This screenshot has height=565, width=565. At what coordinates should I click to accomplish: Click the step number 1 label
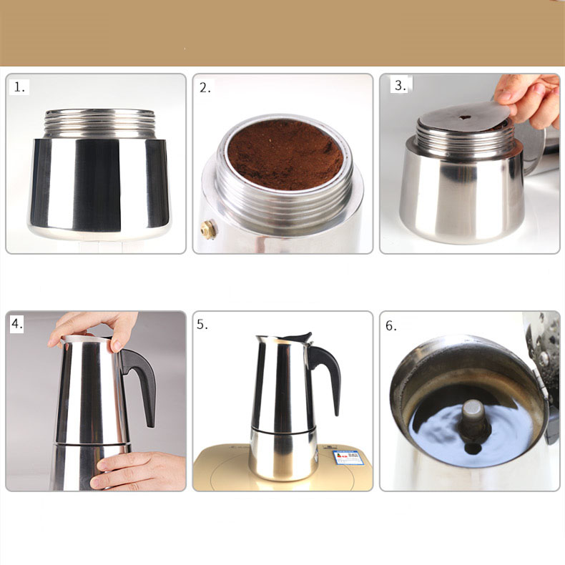coord(20,87)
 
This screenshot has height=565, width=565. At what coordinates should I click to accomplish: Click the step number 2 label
coord(206,88)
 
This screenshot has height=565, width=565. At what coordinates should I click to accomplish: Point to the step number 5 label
coord(203,324)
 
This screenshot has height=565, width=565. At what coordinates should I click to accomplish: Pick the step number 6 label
coord(391,325)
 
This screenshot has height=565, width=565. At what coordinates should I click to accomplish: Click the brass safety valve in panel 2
coord(208,229)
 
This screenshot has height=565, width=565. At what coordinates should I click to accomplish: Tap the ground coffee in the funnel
coord(285,152)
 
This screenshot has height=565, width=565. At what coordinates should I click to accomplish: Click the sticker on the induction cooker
coord(348,457)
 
